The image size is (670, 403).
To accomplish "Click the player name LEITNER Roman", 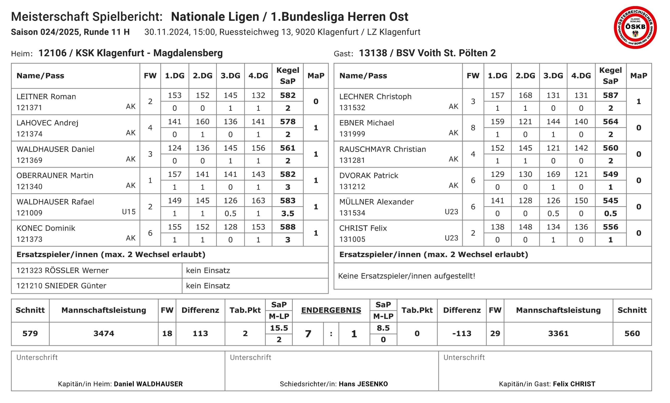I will pos(46,96).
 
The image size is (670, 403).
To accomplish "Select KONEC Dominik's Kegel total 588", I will pos(287,227).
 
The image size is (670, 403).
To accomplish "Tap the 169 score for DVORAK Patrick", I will pos(553,174).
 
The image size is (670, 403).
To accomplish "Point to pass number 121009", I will pos(29,213).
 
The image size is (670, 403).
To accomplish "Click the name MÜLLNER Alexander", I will pos(376,201).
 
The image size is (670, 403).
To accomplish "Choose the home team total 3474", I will pos(104,333).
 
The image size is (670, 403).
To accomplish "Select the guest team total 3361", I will pos(558,333).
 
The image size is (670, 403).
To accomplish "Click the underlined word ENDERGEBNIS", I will pos(331,310).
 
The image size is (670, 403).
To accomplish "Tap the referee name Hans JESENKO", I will pos(363,384).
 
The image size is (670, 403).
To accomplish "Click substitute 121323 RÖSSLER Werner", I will pos(63,270).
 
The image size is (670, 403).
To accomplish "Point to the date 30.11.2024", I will pos(166,32).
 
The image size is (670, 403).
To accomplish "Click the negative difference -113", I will pos(461,333).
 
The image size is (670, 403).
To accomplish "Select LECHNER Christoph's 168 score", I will pos(525,95).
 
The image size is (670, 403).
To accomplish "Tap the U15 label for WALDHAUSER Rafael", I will pos(129,211).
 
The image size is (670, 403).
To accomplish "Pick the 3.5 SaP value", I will pos(287,214).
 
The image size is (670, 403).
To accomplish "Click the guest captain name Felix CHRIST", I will pos(574,384).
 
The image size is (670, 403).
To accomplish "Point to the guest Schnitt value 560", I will pos(632,333).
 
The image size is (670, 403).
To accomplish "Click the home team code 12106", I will pos(52,53).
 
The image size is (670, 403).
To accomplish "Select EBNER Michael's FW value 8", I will pos(473,128).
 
